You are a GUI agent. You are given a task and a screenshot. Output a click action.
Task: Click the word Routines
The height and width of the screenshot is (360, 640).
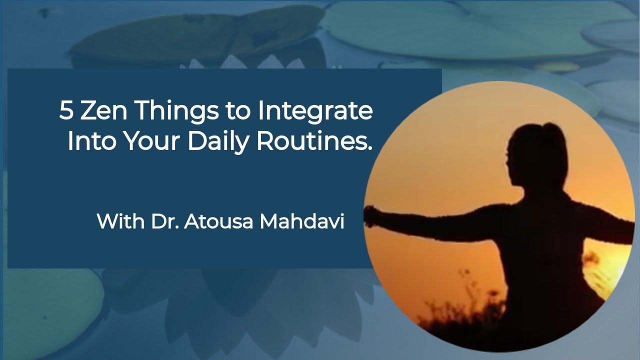pyautogui.click(x=314, y=141)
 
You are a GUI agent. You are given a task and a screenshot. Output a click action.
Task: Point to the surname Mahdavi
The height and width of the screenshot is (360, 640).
pyautogui.click(x=302, y=221)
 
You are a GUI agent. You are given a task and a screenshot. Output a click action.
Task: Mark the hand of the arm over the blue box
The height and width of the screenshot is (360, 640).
pyautogui.click(x=372, y=216)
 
